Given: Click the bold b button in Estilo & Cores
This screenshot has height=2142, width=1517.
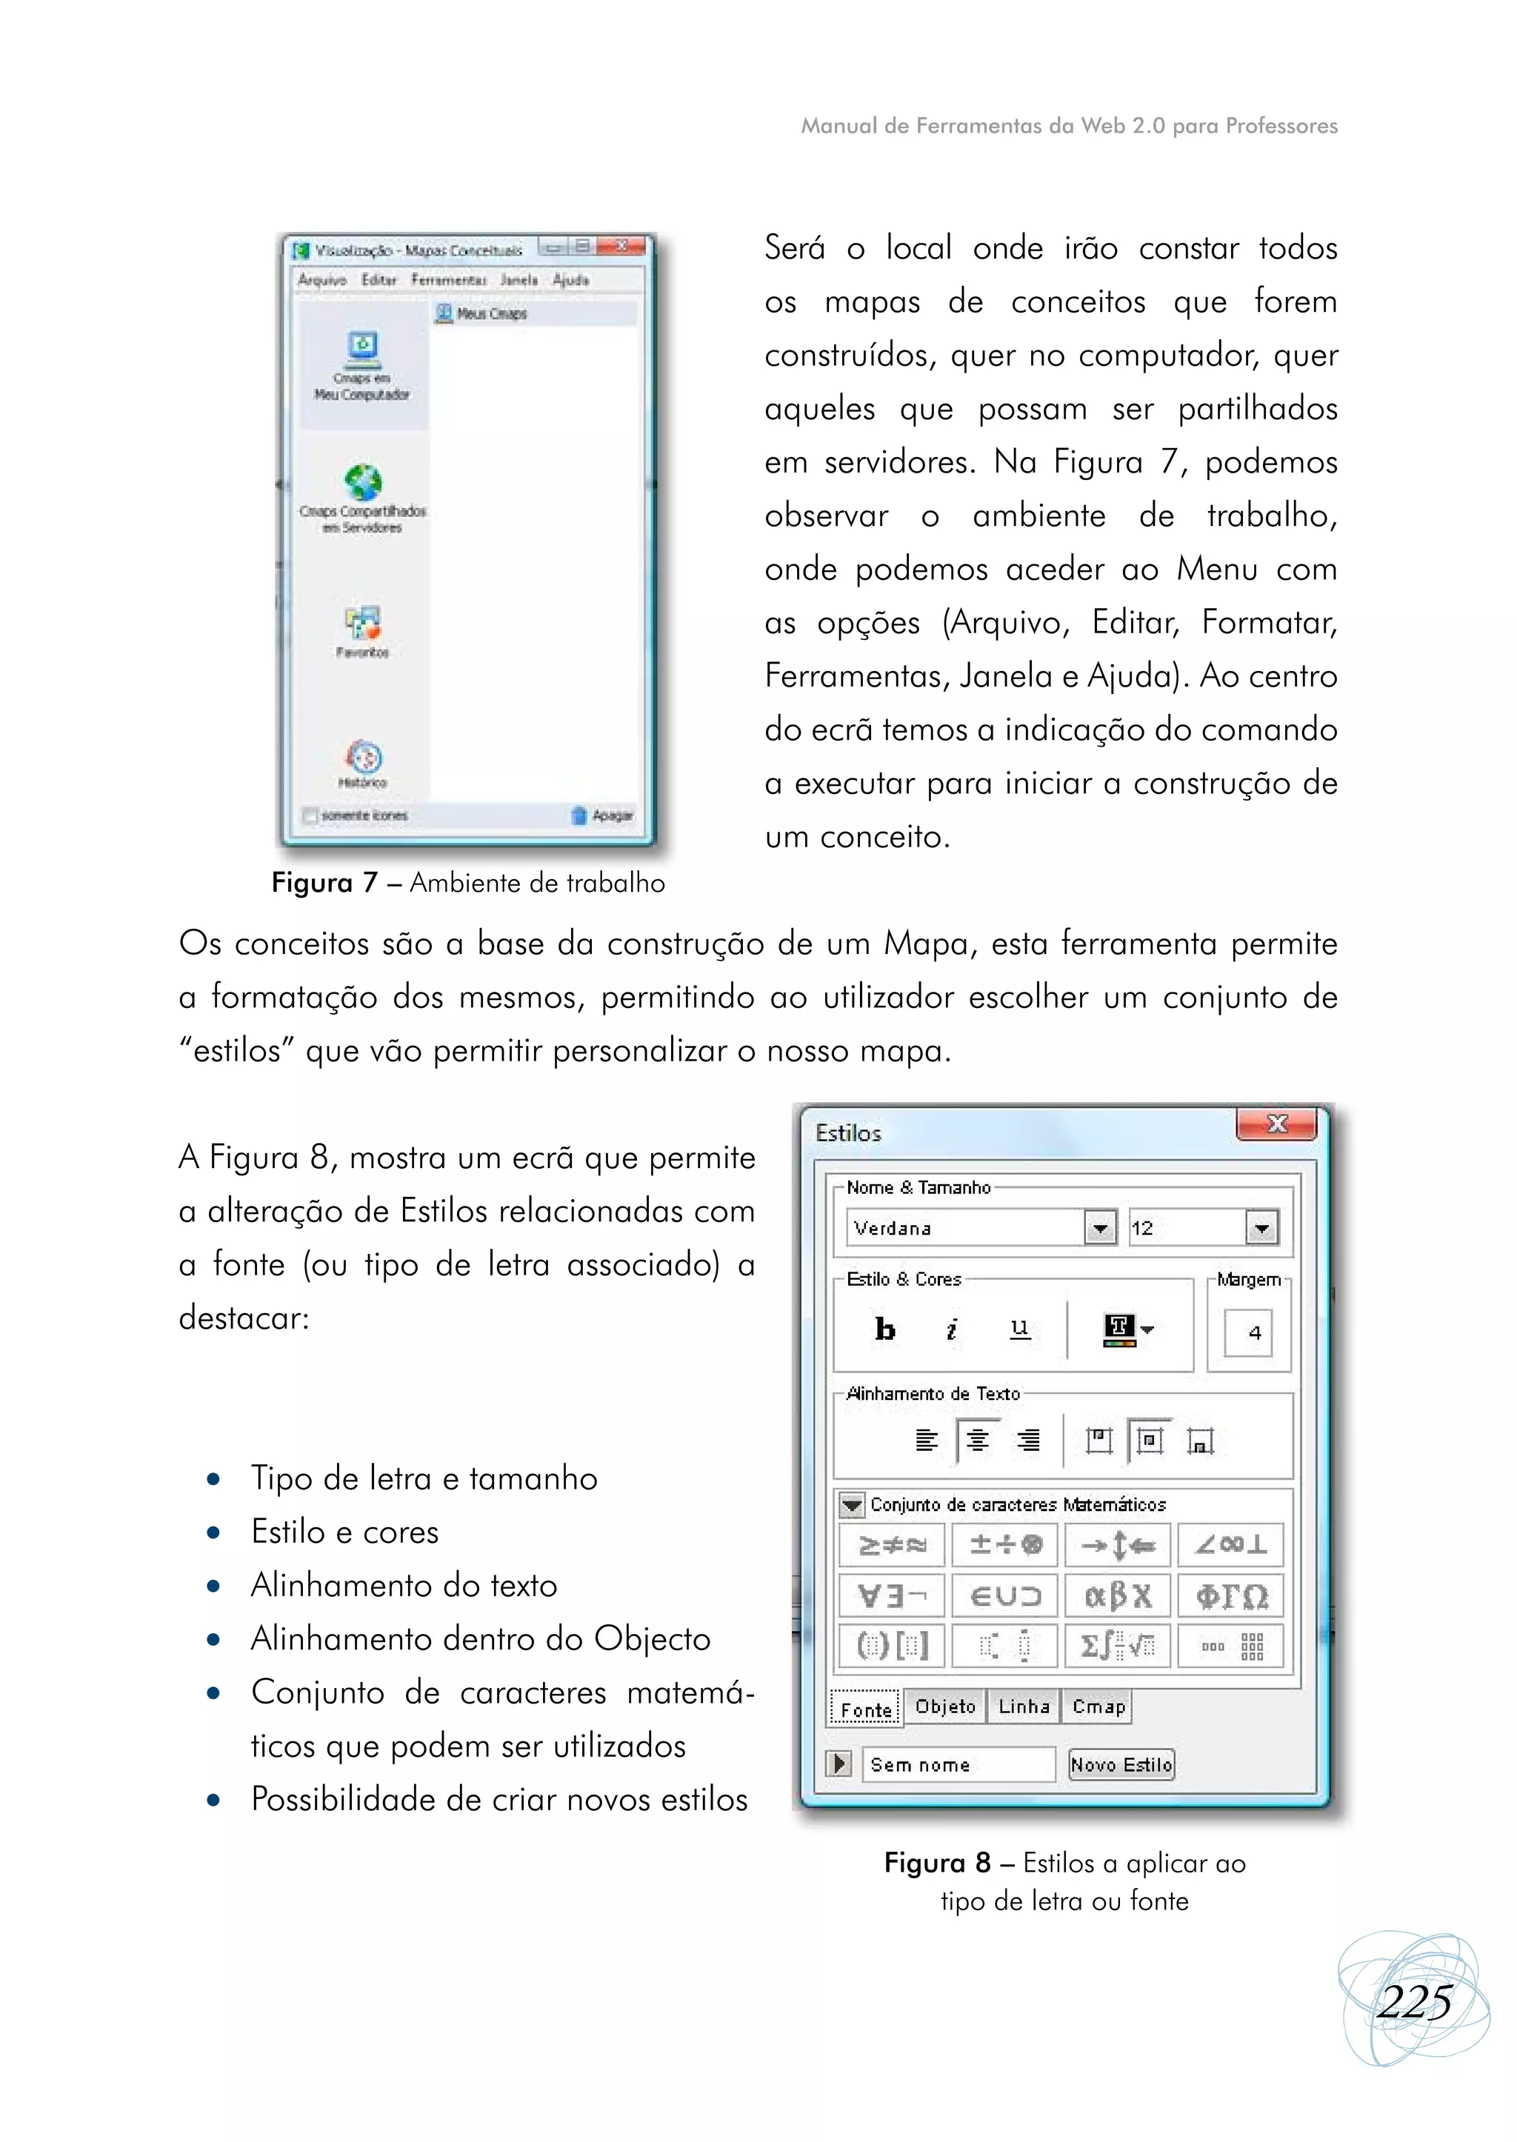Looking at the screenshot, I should coord(884,1328).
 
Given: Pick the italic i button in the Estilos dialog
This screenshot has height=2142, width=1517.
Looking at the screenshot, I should coord(952,1328).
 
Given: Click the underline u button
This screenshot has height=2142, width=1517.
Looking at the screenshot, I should coord(1020,1328).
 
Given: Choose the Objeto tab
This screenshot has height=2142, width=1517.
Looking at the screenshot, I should coord(945,1706).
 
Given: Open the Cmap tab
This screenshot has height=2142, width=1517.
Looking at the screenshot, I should coord(1099,1706).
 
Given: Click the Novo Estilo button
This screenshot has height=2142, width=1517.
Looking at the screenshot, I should coord(1121,1764).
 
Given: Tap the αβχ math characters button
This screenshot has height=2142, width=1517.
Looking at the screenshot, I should coord(1117,1595).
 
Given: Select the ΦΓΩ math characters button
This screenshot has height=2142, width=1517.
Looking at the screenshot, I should coord(1230,1595).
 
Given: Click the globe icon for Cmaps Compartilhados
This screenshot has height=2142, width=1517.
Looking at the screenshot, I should coord(362,483).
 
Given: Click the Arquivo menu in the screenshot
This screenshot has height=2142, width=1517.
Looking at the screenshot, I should coord(321,279).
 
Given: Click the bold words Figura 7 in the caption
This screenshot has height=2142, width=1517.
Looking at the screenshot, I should coord(324,883).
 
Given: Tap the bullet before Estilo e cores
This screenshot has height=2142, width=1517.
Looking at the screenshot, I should coord(214,1533).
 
